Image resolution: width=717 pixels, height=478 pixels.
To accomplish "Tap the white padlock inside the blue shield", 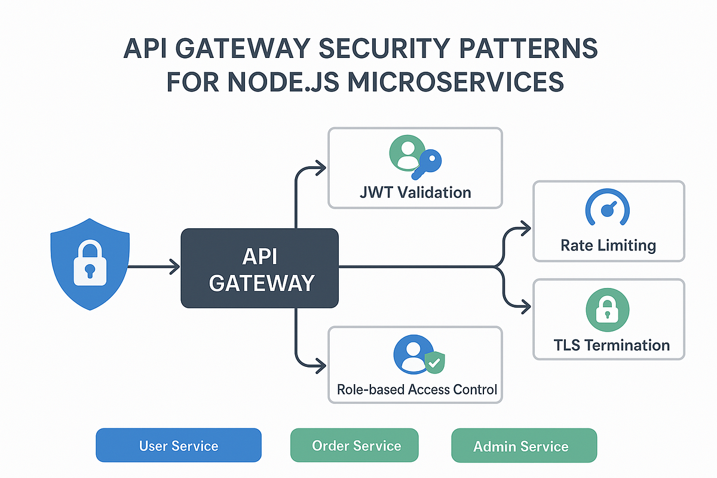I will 89,262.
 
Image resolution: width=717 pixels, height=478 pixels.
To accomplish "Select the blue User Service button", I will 179,446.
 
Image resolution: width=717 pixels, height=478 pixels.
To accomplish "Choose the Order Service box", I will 356,446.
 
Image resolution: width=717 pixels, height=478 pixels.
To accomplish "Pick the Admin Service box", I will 520,446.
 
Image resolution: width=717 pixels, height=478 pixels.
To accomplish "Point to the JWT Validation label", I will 415,192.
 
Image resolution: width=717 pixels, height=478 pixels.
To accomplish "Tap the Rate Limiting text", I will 608,245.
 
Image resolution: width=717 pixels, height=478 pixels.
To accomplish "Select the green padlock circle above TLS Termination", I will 608,310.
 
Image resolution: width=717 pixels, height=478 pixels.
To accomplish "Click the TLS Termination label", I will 609,345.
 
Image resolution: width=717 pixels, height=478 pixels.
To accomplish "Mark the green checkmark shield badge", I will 434,362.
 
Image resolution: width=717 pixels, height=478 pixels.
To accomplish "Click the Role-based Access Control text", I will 416,390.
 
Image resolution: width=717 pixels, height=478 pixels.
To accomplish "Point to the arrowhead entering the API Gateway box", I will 175,267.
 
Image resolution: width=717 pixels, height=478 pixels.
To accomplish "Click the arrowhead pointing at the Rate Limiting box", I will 526,227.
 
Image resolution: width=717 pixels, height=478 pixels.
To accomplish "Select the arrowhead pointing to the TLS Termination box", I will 526,307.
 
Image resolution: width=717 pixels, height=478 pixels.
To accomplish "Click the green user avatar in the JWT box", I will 406,154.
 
